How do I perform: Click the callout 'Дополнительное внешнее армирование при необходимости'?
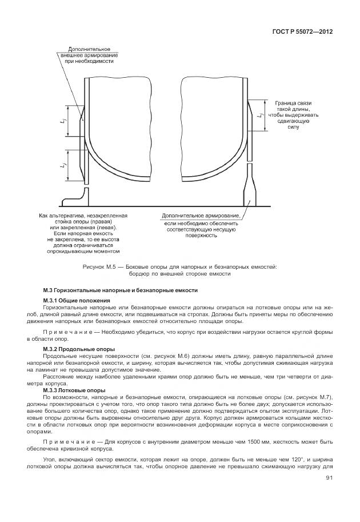tap(89, 55)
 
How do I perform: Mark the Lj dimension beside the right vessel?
tap(260, 116)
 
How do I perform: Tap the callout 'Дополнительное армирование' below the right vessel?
tap(201, 225)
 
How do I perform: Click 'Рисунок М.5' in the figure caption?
tap(98, 266)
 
